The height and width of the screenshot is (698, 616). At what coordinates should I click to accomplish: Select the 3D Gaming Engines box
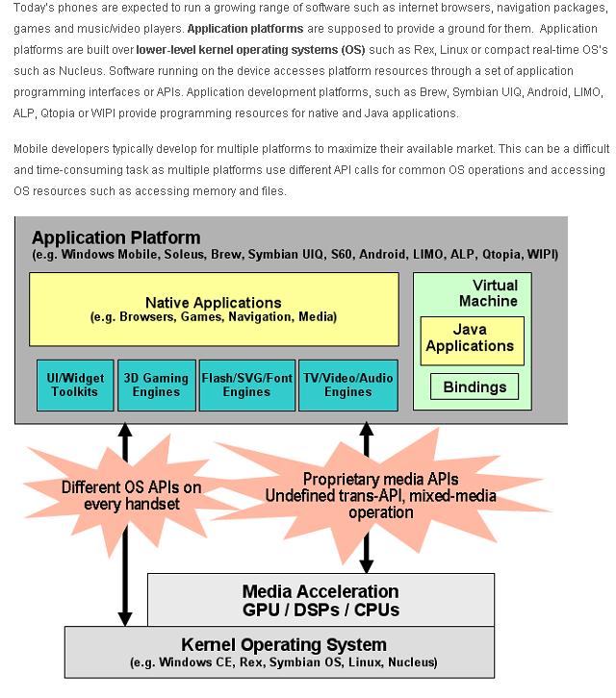[156, 385]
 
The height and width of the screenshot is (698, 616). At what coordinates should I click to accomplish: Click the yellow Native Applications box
[214, 309]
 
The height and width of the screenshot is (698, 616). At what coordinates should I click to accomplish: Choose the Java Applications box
[471, 338]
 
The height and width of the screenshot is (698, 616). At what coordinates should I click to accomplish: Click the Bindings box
[475, 387]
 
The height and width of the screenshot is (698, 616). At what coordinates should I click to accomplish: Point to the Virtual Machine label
[495, 293]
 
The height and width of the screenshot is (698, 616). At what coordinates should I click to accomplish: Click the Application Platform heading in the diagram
[116, 237]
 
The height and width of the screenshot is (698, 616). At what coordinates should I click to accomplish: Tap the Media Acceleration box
[321, 600]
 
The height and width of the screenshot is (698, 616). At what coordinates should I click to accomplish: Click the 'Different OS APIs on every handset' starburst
[131, 495]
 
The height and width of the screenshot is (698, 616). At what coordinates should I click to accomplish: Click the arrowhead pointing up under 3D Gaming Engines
[124, 430]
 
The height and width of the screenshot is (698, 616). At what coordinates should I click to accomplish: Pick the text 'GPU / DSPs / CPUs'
[321, 610]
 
